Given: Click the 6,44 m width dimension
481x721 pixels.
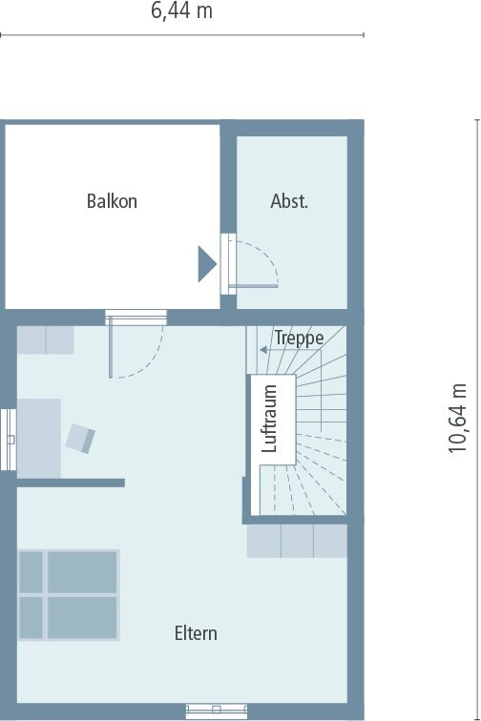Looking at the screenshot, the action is coord(182,11).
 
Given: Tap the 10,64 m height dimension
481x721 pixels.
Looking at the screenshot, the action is coord(458,418).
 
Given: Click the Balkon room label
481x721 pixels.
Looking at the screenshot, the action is coord(112,201).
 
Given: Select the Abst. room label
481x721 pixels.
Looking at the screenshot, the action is coord(289,201).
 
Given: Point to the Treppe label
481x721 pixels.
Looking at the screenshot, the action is coord(299,338).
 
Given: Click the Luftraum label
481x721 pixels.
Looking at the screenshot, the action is coord(269,419).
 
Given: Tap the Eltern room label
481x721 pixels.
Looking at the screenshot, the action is coord(196,633).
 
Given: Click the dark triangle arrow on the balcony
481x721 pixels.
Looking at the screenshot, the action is coord(207,264).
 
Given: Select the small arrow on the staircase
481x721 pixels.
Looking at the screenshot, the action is coord(263,350).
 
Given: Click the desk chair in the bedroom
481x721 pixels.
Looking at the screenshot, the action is coord(80,439).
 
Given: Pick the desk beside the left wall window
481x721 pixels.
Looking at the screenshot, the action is coord(39,439).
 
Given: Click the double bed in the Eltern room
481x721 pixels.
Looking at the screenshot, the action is coord(69,595).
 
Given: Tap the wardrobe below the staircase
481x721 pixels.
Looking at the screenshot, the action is coord(297,541).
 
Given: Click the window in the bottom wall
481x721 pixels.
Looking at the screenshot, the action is coord(217,711).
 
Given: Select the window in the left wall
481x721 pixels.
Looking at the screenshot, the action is coord(9,440).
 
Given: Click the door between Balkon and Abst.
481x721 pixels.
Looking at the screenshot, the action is coord(228,264).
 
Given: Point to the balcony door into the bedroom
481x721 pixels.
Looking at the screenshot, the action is coord(136,318).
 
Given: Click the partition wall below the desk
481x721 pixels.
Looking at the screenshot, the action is coord(71,483).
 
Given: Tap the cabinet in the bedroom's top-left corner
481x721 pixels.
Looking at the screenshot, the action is coord(45,340).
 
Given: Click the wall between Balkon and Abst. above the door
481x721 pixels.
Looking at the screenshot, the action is coord(228,178).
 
